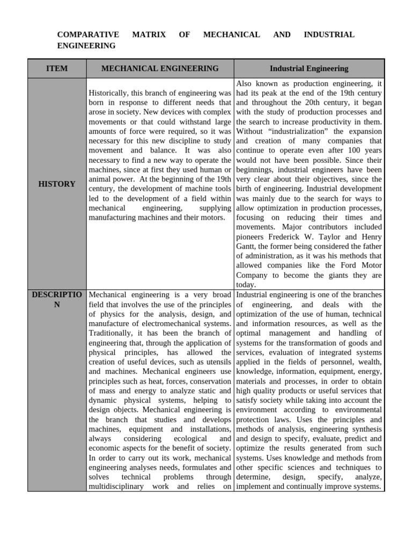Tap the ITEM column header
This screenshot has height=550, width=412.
coord(57,68)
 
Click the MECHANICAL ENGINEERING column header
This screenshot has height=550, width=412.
coord(160,68)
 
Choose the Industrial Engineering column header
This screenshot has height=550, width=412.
coord(309,68)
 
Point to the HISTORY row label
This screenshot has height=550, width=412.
coord(57,184)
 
